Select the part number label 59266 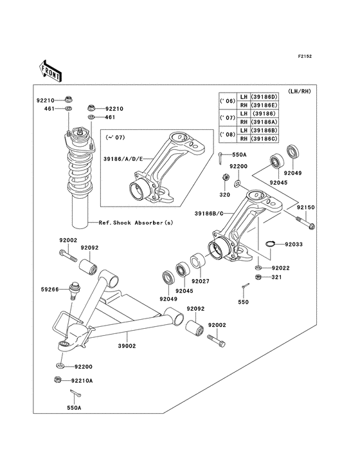[50, 290]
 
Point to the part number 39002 [126, 346]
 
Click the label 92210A [83, 381]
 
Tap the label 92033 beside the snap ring [293, 245]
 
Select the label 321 [277, 277]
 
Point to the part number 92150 [305, 208]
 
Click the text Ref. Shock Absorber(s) [135, 223]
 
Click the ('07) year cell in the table [226, 118]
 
